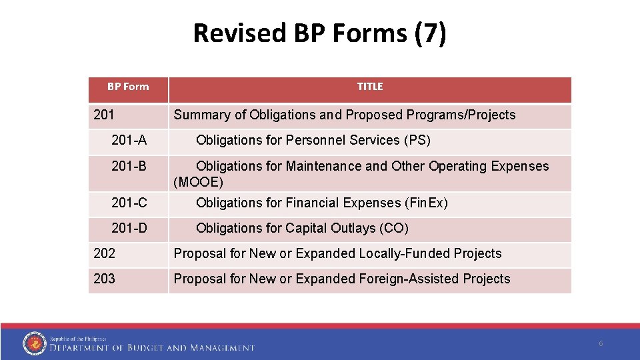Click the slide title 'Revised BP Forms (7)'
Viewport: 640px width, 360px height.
pyautogui.click(x=319, y=33)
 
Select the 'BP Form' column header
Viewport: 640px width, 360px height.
pyautogui.click(x=128, y=87)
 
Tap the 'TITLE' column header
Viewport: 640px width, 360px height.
pyautogui.click(x=369, y=87)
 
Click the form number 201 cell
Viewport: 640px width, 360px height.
pyautogui.click(x=104, y=115)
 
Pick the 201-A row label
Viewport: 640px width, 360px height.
pyautogui.click(x=129, y=140)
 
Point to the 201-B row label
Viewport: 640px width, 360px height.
pyautogui.click(x=129, y=166)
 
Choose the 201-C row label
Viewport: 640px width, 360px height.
pyautogui.click(x=129, y=203)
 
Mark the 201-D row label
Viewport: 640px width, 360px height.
pyautogui.click(x=129, y=228)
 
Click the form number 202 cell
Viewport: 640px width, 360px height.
pyautogui.click(x=104, y=253)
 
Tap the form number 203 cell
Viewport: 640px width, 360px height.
pyautogui.click(x=104, y=279)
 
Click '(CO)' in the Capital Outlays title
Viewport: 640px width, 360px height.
pyautogui.click(x=393, y=228)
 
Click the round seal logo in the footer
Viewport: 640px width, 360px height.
pyautogui.click(x=34, y=343)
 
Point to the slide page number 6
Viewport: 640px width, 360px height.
pyautogui.click(x=601, y=343)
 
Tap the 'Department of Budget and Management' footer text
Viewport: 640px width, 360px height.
pyautogui.click(x=152, y=347)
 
